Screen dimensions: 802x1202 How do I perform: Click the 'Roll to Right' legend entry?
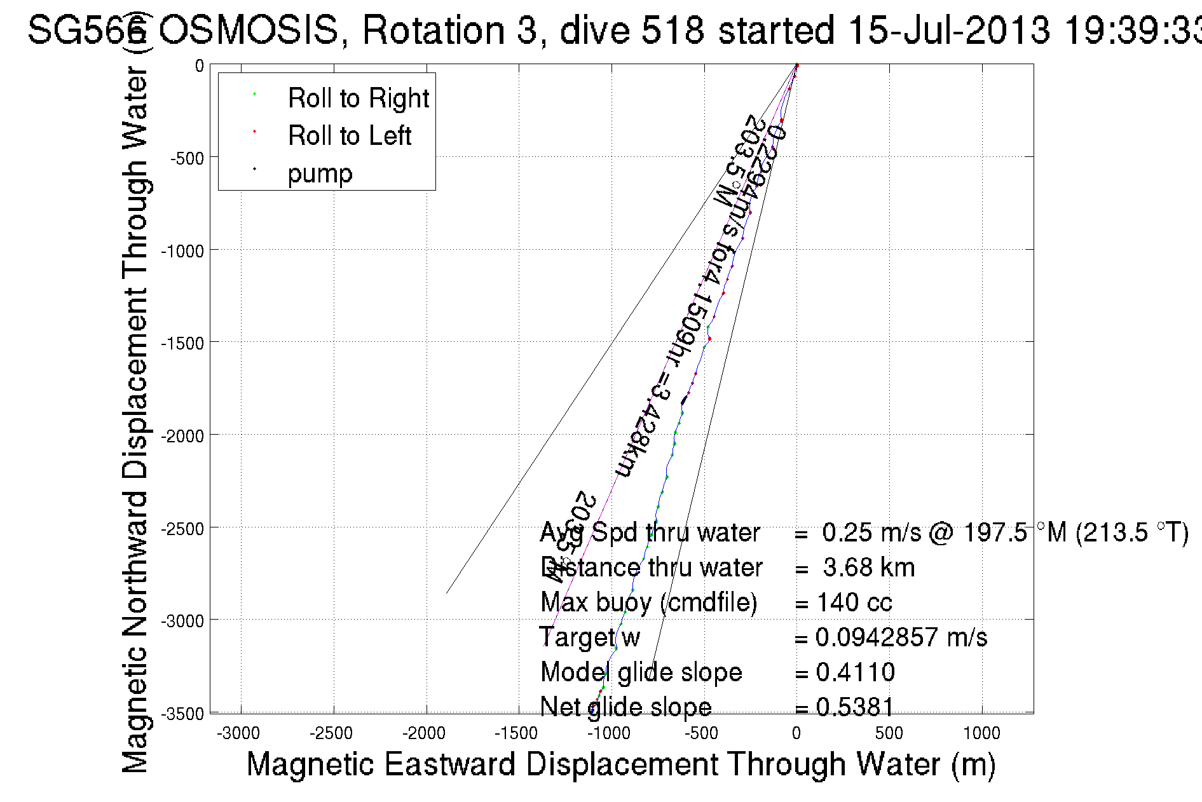click(358, 99)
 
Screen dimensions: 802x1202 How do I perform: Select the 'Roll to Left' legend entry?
click(349, 136)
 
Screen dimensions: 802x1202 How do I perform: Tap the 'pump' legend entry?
click(320, 173)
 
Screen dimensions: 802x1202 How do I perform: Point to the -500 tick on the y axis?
click(187, 158)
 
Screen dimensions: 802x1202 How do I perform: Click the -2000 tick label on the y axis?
click(182, 436)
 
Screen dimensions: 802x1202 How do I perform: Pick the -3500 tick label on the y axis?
click(182, 714)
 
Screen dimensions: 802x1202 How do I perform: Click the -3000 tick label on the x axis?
click(238, 734)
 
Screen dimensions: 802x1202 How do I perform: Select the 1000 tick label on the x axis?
click(981, 734)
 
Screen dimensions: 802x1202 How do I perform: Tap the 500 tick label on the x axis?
click(889, 734)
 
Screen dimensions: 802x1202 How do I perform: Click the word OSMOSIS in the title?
click(248, 30)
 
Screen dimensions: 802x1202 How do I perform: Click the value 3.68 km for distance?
click(868, 568)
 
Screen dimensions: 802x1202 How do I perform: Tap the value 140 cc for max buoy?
click(854, 602)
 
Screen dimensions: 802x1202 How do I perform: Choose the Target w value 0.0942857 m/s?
click(901, 637)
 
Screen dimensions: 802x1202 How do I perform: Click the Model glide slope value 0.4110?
click(855, 672)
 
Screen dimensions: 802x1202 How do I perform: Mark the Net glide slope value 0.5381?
click(855, 707)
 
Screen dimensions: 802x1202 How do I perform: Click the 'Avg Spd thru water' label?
click(650, 533)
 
